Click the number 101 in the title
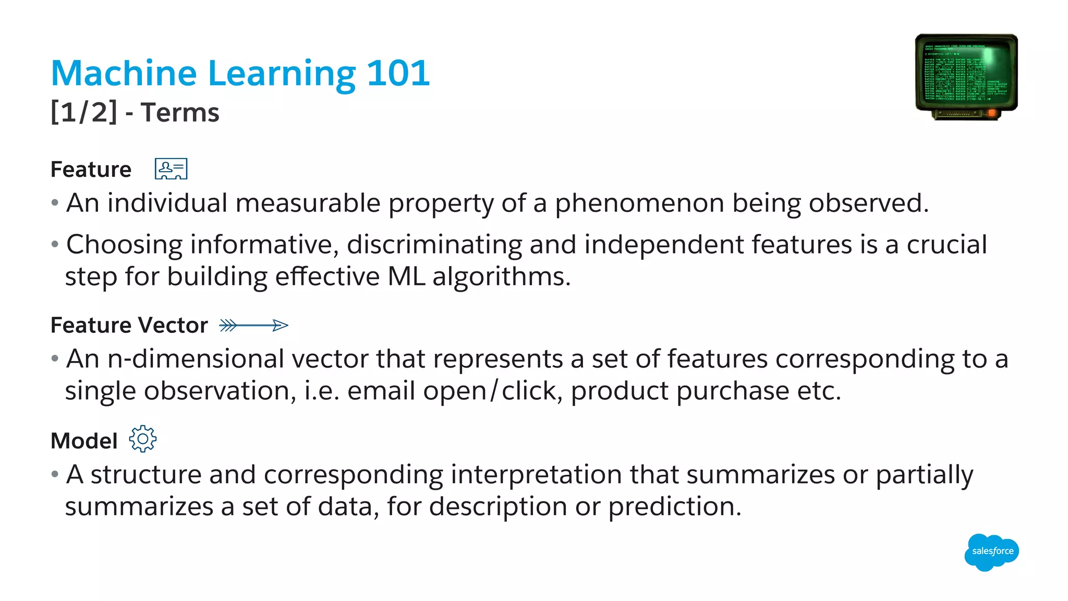(398, 73)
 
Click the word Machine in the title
(124, 73)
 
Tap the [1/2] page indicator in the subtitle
(84, 112)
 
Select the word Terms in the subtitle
(180, 112)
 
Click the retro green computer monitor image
(966, 77)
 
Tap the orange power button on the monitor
(991, 113)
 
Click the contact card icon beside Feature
(171, 169)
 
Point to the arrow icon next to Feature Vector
(253, 326)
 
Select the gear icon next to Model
(142, 439)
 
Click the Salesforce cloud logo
(992, 551)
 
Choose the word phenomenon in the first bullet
(639, 203)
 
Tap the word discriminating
(434, 245)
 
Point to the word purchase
(732, 391)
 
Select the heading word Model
(84, 441)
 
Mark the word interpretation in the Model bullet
(536, 475)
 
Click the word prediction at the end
(674, 507)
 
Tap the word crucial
(946, 245)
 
